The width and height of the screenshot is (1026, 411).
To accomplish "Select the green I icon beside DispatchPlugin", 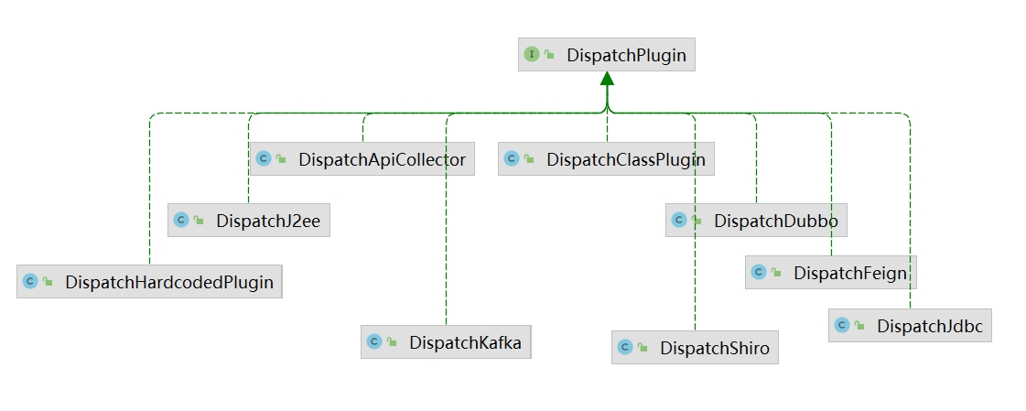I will (531, 55).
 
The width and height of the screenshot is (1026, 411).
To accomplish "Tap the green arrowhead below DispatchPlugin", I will (607, 80).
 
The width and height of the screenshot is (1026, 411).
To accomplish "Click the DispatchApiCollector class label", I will (382, 159).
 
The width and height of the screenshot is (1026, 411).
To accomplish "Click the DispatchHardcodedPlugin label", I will (169, 282).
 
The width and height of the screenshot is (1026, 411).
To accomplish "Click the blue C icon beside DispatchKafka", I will (373, 342).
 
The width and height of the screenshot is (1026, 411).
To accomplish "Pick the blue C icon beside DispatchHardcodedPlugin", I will (29, 282).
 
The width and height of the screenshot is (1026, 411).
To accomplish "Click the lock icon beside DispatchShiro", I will (643, 349).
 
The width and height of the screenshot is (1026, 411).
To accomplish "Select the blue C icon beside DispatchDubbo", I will (678, 221).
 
